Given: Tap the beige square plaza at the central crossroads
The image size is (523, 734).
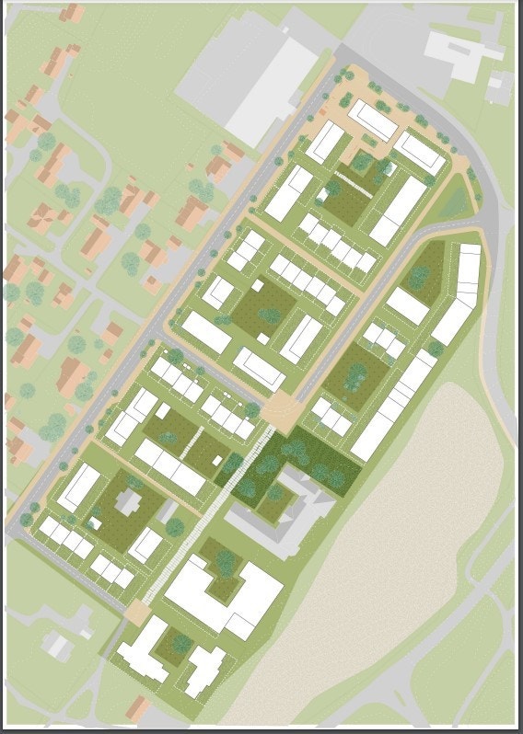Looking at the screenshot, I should pyautogui.click(x=282, y=411).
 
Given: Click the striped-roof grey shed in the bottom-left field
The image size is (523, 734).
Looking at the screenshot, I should pyautogui.click(x=59, y=644).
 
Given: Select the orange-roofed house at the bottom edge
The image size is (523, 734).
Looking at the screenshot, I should pyautogui.click(x=138, y=709).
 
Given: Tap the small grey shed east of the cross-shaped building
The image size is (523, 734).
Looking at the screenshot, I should pyautogui.click(x=174, y=526).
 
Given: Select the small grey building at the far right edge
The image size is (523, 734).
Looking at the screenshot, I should pyautogui.click(x=499, y=88).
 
